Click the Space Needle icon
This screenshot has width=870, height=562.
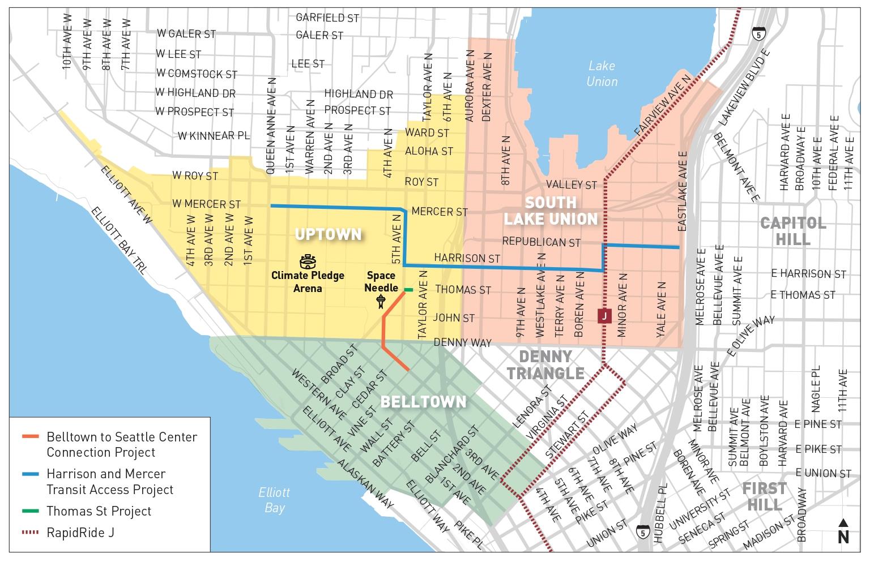click(x=381, y=301)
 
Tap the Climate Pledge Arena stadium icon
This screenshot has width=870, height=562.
click(x=308, y=261)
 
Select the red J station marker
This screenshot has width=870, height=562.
click(x=604, y=316)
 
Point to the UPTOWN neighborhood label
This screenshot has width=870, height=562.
click(x=328, y=234)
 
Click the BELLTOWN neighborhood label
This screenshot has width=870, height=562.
click(x=423, y=402)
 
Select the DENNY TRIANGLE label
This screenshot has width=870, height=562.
click(x=545, y=364)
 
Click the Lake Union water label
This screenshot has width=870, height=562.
click(x=602, y=74)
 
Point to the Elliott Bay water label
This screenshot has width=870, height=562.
click(x=274, y=500)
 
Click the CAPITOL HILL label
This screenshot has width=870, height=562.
click(x=793, y=231)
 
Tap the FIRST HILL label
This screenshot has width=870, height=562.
click(x=764, y=496)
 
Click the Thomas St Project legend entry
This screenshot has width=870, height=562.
click(x=99, y=511)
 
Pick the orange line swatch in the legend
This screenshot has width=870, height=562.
click(x=31, y=437)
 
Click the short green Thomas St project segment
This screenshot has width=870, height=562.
click(x=408, y=290)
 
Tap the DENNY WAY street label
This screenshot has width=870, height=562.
click(x=462, y=342)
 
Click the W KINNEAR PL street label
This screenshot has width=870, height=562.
click(x=214, y=136)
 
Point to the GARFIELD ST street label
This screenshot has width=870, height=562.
click(x=327, y=18)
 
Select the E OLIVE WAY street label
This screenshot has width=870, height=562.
click(x=750, y=336)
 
